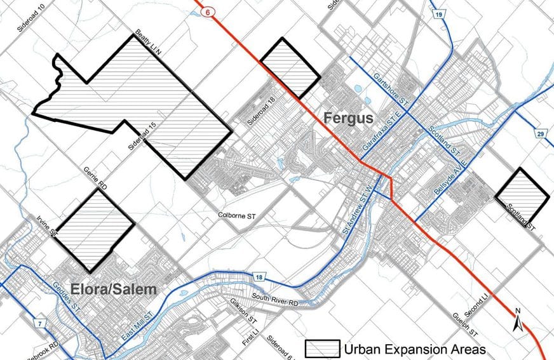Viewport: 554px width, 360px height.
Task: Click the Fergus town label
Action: [x=348, y=118]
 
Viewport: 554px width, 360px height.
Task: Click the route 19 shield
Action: [x=438, y=13]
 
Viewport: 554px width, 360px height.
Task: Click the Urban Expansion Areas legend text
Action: [x=415, y=349]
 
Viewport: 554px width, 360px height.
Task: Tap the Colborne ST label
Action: [x=238, y=215]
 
